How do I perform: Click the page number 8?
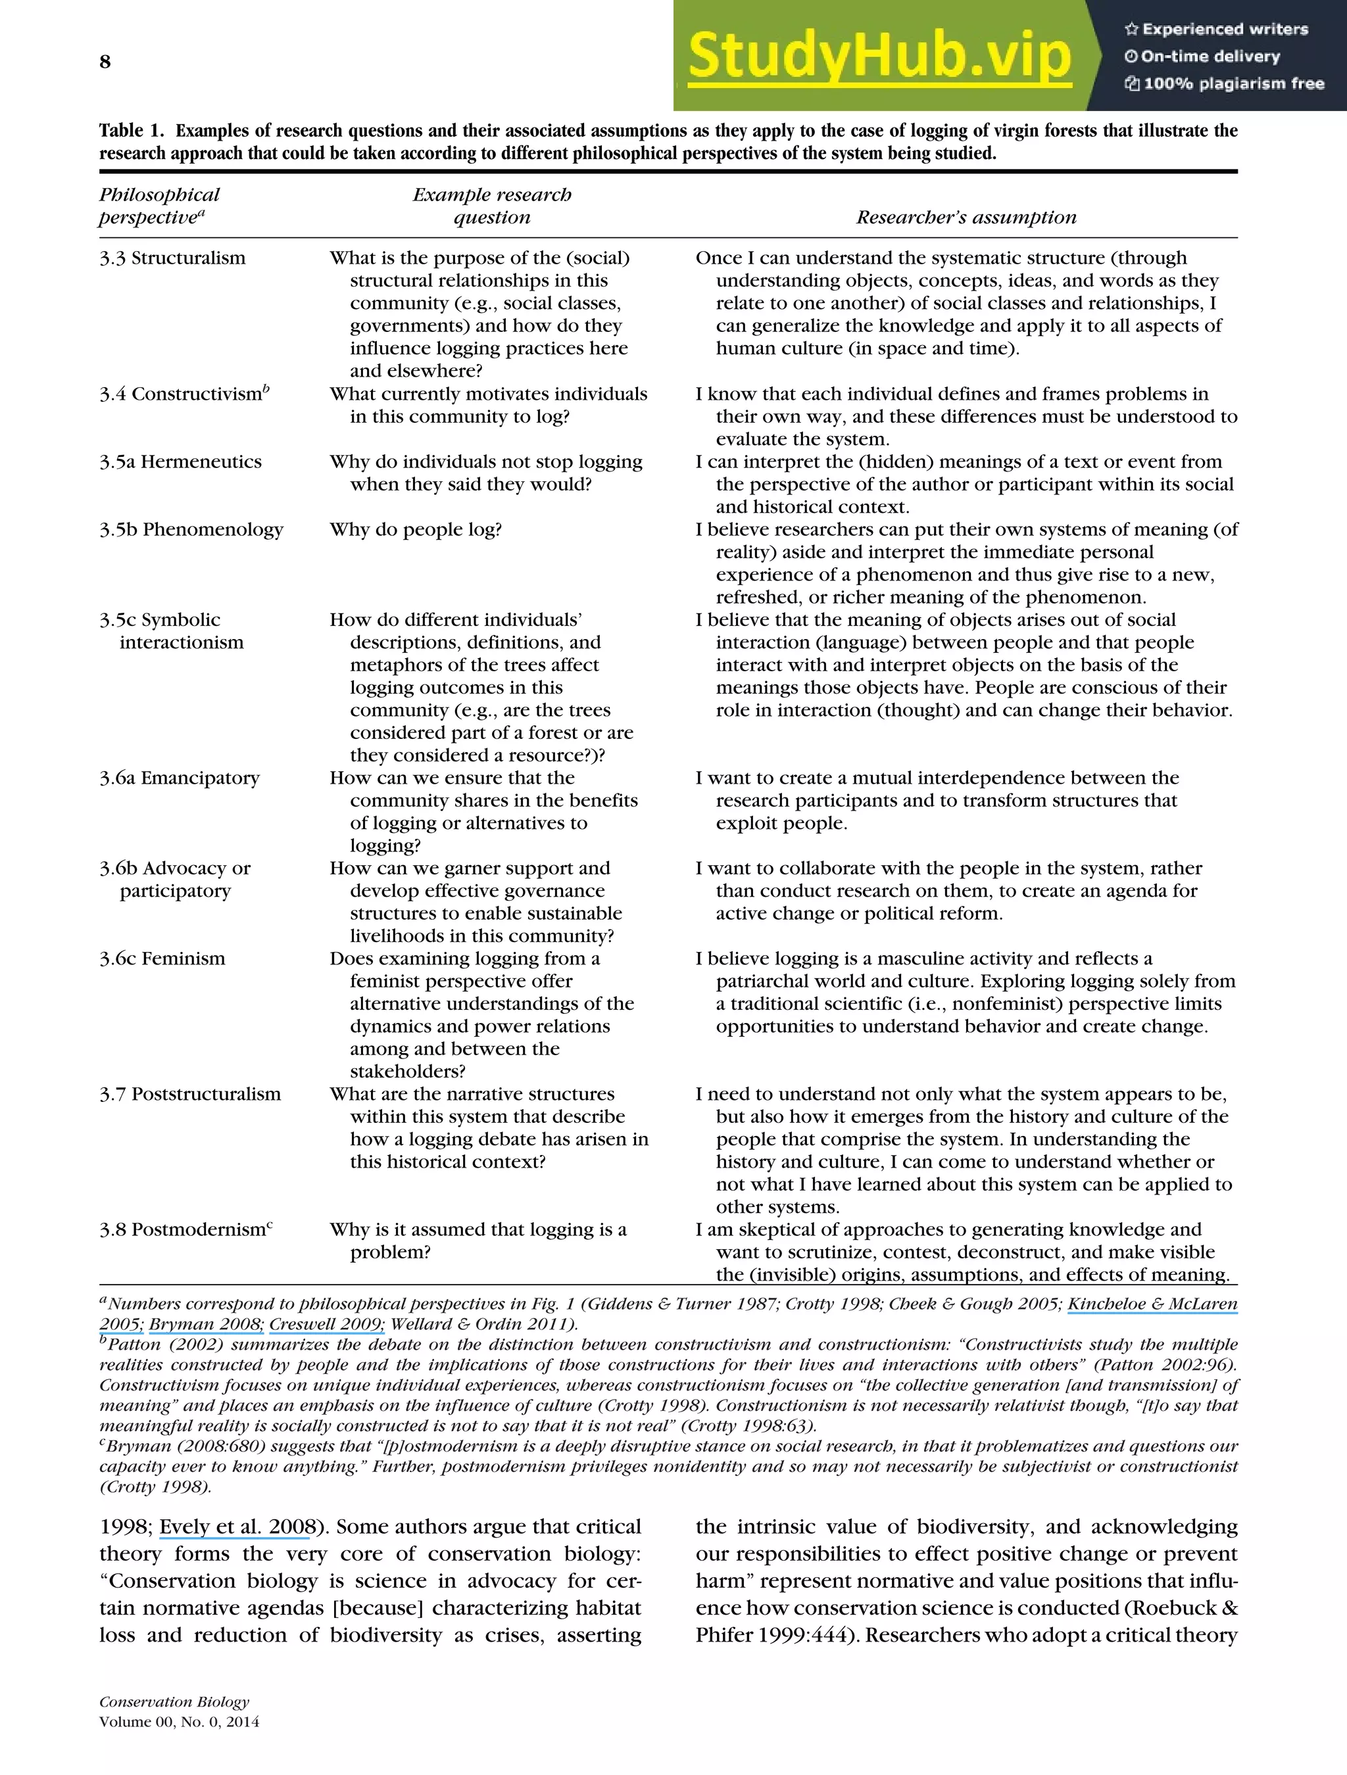point(105,62)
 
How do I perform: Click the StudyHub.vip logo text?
point(879,56)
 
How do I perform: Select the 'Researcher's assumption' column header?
point(966,218)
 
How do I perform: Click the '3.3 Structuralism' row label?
point(172,258)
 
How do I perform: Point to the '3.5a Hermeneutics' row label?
point(181,462)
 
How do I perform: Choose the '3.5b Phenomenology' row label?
point(191,530)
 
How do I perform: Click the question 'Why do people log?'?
point(415,530)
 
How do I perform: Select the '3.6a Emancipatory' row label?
point(179,778)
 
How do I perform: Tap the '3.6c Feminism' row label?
point(162,959)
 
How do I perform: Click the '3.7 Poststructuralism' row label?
point(190,1095)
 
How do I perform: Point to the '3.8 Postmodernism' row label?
point(185,1230)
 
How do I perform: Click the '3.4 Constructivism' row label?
point(183,394)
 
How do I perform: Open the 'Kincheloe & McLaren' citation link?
point(1152,1304)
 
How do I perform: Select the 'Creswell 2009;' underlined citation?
point(327,1325)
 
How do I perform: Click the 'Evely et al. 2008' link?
point(235,1527)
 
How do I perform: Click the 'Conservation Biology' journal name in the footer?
point(174,1702)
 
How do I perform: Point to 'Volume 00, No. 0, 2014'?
point(179,1722)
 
